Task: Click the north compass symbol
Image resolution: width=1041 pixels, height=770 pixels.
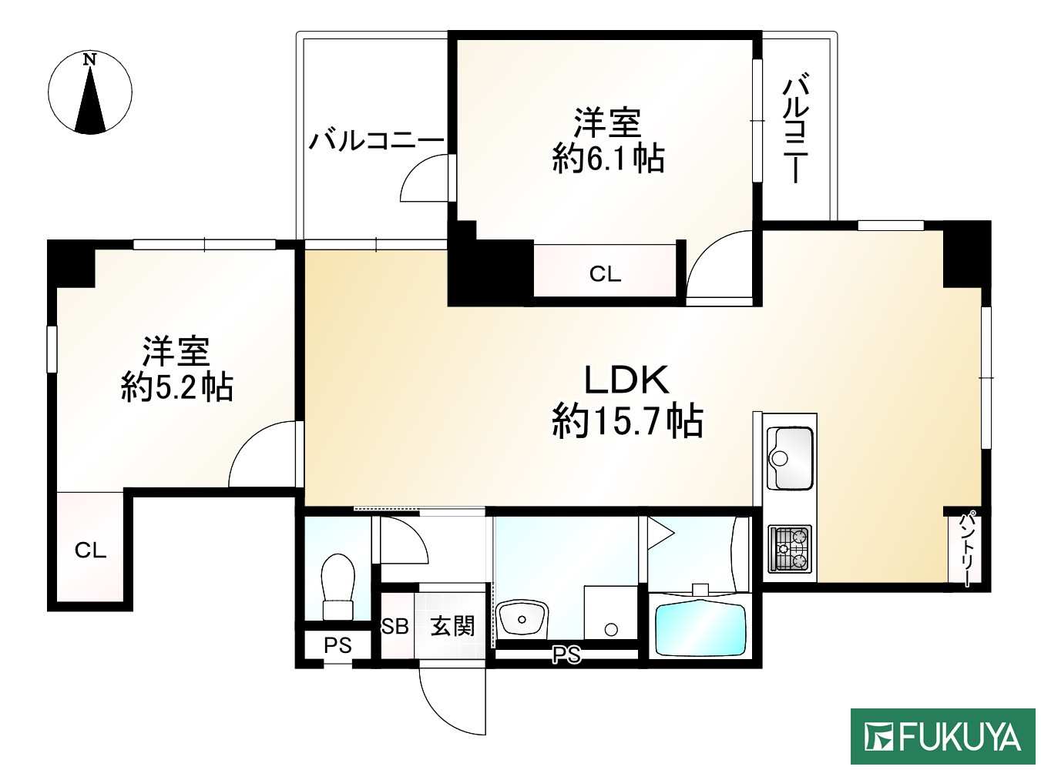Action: pos(90,92)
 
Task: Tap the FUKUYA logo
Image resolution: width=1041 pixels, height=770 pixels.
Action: pos(942,737)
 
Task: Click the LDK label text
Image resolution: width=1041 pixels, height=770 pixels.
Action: pos(626,380)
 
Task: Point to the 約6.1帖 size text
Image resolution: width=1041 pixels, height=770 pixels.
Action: pos(608,159)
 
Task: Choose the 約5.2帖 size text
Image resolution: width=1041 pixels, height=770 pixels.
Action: pos(176,387)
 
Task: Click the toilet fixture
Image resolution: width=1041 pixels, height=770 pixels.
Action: pos(337,585)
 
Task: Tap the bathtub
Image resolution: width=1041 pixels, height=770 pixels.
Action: pos(700,629)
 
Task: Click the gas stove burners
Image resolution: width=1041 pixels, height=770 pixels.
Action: pos(790,549)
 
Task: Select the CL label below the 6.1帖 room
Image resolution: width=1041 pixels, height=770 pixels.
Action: pos(605,274)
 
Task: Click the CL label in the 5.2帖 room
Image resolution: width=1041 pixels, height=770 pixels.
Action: pos(90,551)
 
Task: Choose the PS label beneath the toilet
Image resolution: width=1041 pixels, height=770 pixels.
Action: pos(337,645)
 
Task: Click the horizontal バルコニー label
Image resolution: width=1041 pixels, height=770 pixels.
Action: pos(376,141)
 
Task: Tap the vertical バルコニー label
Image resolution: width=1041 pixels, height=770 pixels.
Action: pos(795,128)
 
